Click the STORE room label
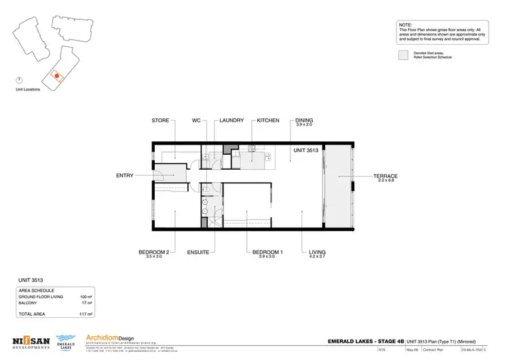[160, 120]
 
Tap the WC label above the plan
[197, 120]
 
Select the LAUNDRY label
[231, 120]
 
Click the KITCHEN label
[267, 120]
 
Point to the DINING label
[304, 120]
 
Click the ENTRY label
[125, 175]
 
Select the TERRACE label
[385, 176]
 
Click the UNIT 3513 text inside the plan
[306, 150]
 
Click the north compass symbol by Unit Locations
[20, 80]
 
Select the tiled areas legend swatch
[403, 55]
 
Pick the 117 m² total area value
[86, 314]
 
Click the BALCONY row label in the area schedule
[28, 304]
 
